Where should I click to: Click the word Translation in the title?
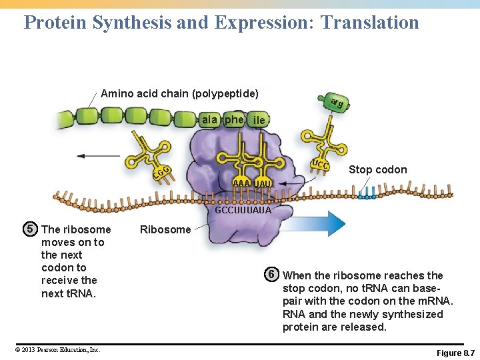click(369, 23)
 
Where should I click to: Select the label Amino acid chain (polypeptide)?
click(179, 93)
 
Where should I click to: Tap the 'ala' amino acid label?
click(209, 120)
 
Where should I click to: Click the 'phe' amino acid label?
click(234, 120)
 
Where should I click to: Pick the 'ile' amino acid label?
click(259, 121)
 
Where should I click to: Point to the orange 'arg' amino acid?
click(337, 102)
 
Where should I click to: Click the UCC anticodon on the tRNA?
click(321, 165)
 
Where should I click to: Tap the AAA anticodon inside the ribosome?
click(241, 183)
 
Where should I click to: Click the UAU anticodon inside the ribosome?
click(263, 183)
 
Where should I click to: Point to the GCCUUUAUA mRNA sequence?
click(243, 210)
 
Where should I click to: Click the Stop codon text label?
click(377, 170)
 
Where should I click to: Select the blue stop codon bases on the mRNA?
click(366, 194)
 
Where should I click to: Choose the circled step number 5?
click(30, 229)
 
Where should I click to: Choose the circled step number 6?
click(271, 275)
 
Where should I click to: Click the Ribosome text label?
click(165, 230)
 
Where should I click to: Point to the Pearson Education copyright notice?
click(55, 349)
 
